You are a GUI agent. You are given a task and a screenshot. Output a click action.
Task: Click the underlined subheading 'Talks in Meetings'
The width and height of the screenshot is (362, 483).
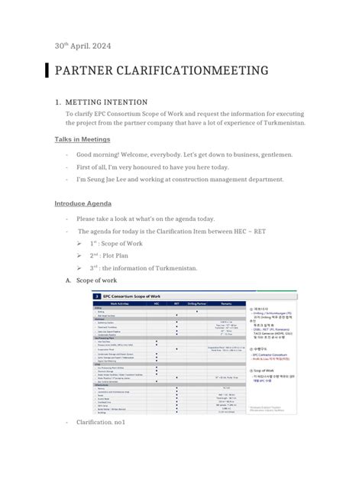click(82, 139)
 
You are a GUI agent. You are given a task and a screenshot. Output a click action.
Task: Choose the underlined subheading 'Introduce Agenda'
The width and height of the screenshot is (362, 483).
click(83, 203)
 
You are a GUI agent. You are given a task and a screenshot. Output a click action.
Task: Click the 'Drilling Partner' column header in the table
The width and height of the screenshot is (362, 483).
click(197, 303)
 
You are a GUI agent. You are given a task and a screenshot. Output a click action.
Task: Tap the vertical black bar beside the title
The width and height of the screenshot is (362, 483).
click(47, 70)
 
